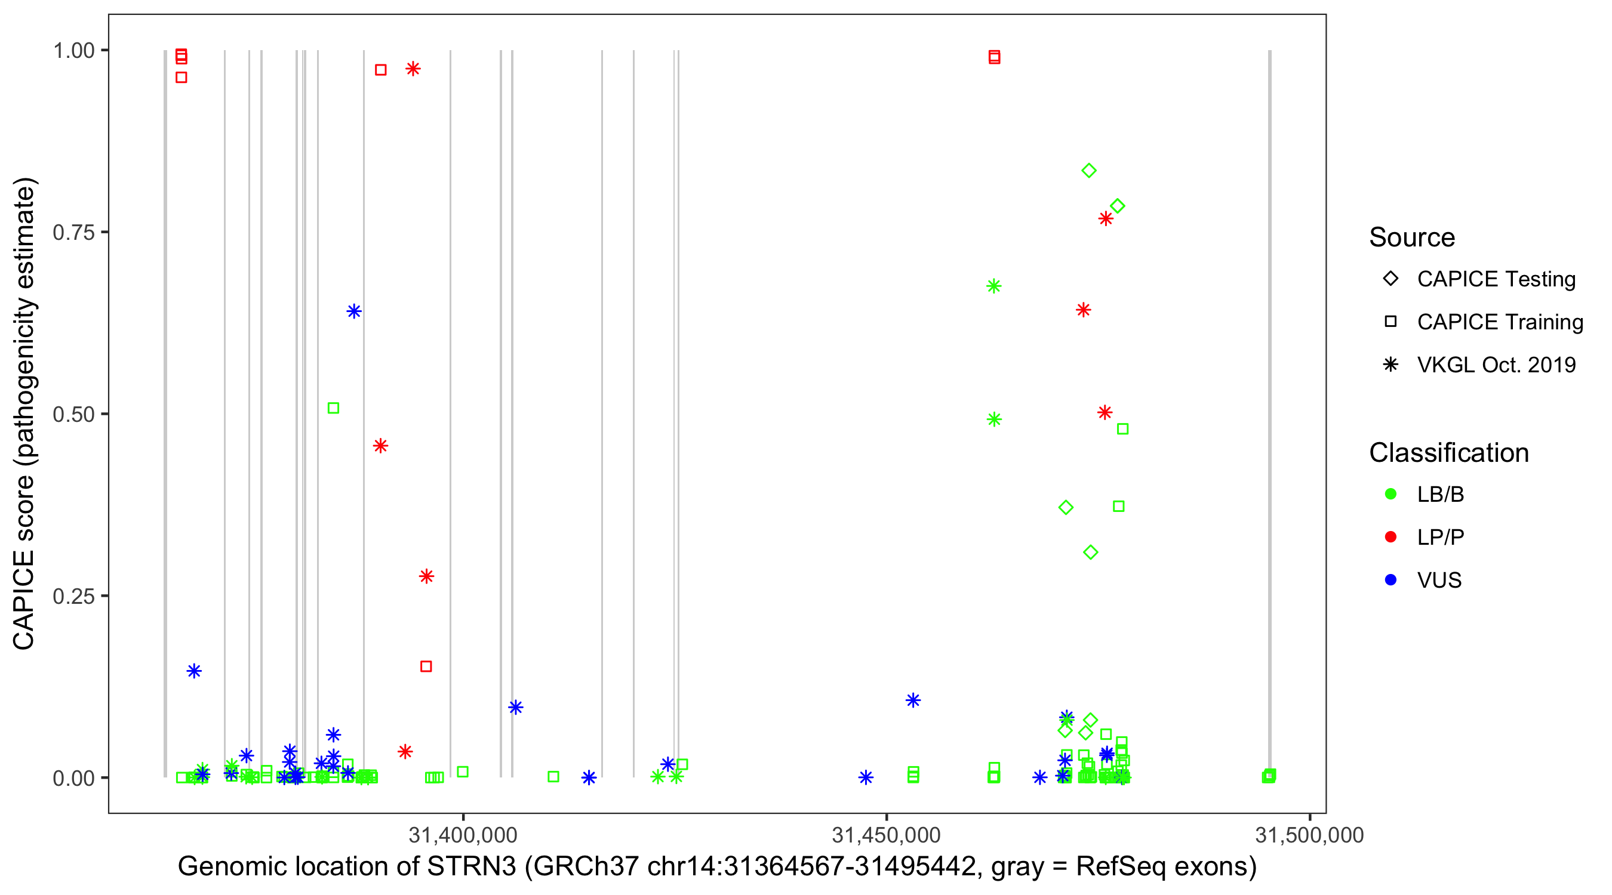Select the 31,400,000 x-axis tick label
(x=463, y=834)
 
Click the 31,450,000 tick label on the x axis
(x=885, y=834)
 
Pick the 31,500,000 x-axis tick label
(x=1309, y=834)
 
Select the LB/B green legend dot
(x=1390, y=494)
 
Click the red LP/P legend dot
(x=1390, y=537)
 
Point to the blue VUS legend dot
(x=1390, y=580)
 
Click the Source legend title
(x=1412, y=237)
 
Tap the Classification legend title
(x=1448, y=453)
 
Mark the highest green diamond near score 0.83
(x=1089, y=170)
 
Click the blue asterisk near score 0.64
(x=353, y=311)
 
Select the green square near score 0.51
(x=334, y=408)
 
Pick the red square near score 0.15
(x=426, y=666)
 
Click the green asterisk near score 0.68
(x=993, y=286)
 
